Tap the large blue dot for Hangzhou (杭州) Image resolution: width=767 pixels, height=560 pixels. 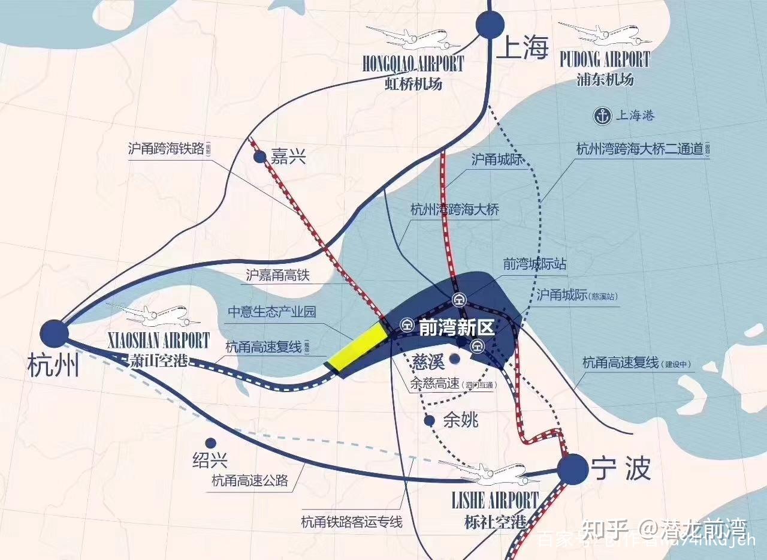click(53, 333)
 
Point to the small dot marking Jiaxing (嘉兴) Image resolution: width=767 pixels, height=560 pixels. click(259, 157)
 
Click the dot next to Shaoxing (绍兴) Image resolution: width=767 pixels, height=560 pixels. click(210, 442)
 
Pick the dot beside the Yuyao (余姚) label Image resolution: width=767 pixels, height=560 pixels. click(429, 421)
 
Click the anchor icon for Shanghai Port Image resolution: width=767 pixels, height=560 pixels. click(602, 116)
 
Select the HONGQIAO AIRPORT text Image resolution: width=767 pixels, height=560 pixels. click(413, 64)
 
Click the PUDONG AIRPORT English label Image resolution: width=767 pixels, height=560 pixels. click(604, 60)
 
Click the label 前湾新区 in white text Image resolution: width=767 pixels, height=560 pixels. click(455, 328)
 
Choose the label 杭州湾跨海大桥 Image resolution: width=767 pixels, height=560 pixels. click(455, 210)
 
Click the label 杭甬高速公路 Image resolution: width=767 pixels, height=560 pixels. click(250, 480)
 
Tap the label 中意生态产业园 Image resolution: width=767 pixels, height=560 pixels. click(272, 312)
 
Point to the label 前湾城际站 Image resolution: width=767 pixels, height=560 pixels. click(535, 264)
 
